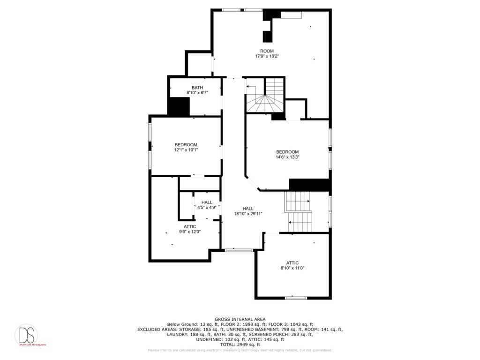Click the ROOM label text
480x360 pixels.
(267, 51)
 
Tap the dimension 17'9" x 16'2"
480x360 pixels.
(267, 56)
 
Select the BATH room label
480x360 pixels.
(197, 88)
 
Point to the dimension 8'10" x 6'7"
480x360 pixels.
(197, 93)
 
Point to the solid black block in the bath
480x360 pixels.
(179, 106)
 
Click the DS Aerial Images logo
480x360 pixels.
(26, 335)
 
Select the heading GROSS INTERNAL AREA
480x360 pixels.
(240, 319)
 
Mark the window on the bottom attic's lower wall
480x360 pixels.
(296, 298)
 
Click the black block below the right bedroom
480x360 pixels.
(309, 185)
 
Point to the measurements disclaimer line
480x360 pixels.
(240, 350)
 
